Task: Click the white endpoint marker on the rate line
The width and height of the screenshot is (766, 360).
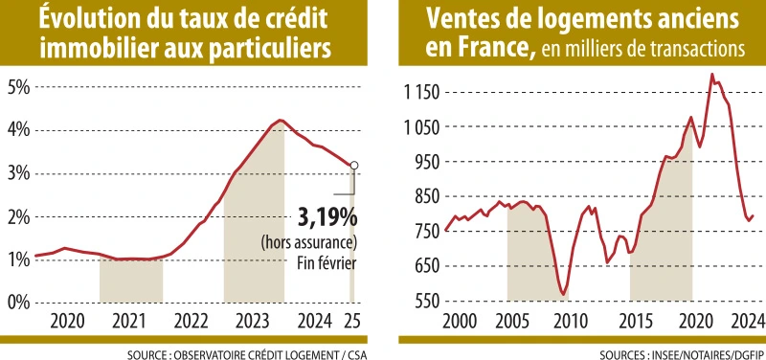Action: tap(354, 166)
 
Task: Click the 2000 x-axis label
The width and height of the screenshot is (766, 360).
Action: tap(460, 319)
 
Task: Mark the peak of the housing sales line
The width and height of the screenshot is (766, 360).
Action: tap(711, 75)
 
